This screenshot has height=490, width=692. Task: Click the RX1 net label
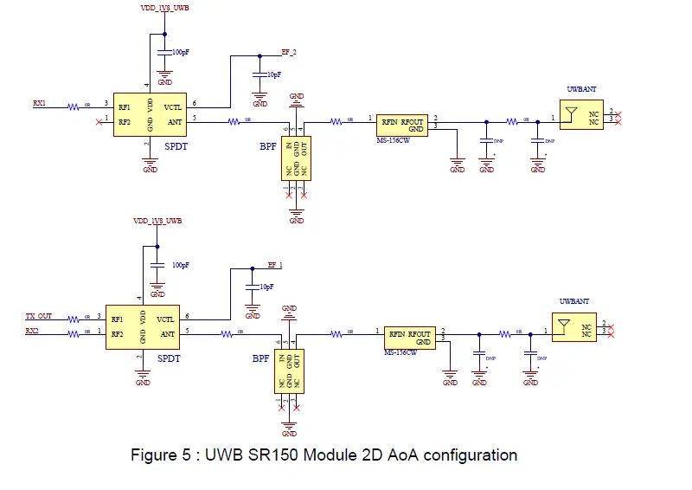[x=39, y=103]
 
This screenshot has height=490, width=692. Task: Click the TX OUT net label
[x=39, y=317]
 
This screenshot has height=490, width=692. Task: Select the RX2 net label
[x=32, y=331]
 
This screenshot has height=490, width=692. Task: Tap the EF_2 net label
[x=289, y=53]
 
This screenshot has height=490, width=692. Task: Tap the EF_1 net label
[x=275, y=264]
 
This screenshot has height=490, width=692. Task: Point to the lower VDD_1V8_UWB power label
[x=157, y=222]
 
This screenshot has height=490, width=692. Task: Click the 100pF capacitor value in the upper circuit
[x=181, y=53]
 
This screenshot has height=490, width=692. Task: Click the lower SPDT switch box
[x=143, y=326]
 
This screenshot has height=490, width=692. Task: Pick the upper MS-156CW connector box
[x=402, y=123]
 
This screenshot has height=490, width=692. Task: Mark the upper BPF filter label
[x=267, y=146]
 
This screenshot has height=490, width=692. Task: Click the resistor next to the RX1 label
[x=73, y=106]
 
